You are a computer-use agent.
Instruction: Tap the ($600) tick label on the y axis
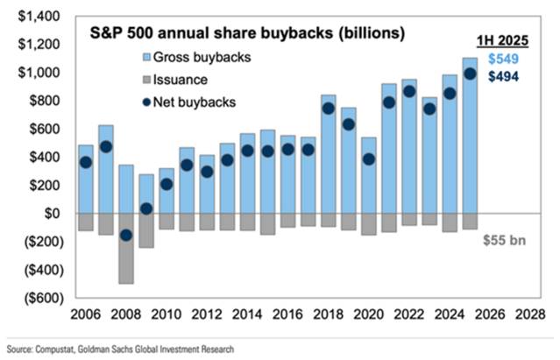[x=36, y=298]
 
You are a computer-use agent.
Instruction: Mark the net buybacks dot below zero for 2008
[x=126, y=235]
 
